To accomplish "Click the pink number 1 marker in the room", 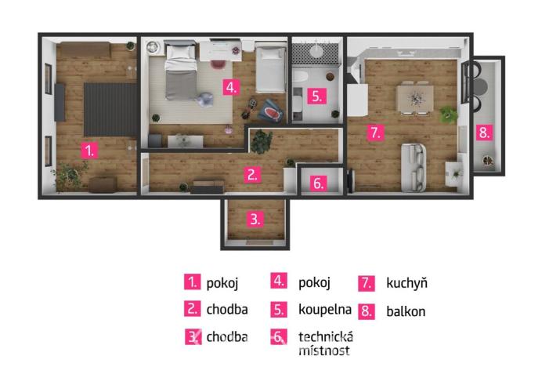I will pos(92,150).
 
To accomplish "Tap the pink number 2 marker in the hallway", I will pos(252,174).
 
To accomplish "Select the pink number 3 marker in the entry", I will pos(255,220).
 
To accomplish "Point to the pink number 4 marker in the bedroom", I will pos(229,86).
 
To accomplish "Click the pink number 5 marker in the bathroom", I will pos(316,96).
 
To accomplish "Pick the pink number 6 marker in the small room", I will pos(317,183).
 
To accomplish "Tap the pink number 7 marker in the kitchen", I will pos(376,132).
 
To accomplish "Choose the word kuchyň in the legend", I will pos(406,283).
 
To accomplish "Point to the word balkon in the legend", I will pos(406,311).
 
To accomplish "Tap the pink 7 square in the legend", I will pos(367,283).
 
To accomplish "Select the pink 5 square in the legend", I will pos(280,309).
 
